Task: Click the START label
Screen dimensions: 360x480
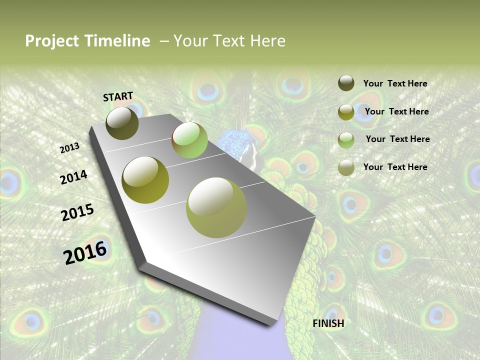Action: pos(118,96)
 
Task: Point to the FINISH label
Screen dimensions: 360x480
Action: pos(328,323)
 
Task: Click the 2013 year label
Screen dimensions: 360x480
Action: pos(69,148)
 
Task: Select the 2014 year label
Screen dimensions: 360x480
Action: pos(73,177)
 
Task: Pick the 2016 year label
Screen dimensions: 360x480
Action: pos(85,252)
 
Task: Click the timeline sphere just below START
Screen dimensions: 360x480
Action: pos(122,123)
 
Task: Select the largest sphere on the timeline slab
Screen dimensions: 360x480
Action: pos(216,207)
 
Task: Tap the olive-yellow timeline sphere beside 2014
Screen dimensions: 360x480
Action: pos(145,180)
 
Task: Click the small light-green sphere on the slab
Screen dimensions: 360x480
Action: pos(189,140)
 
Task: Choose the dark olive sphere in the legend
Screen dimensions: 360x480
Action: pos(346,83)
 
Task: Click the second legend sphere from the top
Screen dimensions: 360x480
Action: pos(346,112)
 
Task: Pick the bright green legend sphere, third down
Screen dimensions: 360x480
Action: pos(346,140)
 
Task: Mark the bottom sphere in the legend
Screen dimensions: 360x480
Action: pos(346,167)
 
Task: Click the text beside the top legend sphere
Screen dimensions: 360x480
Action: pos(395,83)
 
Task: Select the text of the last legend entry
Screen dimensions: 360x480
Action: pos(395,167)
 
